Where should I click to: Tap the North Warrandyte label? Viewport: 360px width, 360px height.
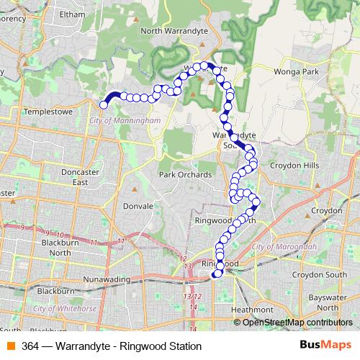pyautogui.click(x=172, y=30)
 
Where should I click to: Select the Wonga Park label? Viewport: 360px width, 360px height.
pyautogui.click(x=296, y=72)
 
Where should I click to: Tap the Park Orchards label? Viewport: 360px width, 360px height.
pyautogui.click(x=185, y=174)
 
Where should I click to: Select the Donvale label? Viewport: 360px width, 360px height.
pyautogui.click(x=138, y=205)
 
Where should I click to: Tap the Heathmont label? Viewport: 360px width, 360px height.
pyautogui.click(x=252, y=310)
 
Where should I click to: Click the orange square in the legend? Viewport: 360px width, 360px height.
pyautogui.click(x=10, y=346)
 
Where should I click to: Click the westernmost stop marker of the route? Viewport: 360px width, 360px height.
pyautogui.click(x=104, y=105)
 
